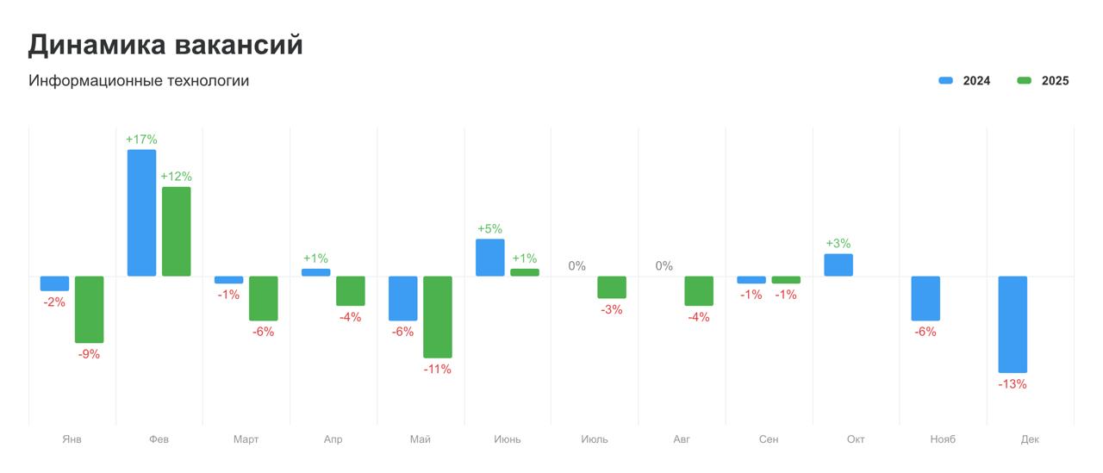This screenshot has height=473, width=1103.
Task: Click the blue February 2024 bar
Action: (142, 213)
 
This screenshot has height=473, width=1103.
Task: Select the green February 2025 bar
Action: (177, 231)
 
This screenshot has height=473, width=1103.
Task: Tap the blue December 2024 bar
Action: (1013, 324)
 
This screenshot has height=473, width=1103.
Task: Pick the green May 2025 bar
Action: (438, 316)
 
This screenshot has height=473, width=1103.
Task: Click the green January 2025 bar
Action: (90, 309)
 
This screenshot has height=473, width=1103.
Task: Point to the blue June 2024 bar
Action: (490, 258)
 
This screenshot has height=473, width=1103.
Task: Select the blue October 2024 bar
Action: (838, 265)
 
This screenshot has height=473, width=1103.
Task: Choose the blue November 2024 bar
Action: (925, 298)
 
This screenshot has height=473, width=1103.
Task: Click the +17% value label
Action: (141, 140)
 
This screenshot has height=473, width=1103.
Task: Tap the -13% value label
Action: (1013, 384)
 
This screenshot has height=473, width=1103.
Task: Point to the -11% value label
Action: (438, 370)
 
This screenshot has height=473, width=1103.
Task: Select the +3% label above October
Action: (838, 244)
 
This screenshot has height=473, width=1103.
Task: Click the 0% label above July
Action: (577, 266)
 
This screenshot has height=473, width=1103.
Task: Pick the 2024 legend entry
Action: (965, 81)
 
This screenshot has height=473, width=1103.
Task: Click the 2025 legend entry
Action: (1044, 81)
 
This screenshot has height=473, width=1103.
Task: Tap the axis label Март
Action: (246, 439)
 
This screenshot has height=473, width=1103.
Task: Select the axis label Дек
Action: (1030, 439)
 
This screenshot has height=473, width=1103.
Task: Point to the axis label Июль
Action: (595, 439)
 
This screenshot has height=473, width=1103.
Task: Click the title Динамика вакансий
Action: (165, 45)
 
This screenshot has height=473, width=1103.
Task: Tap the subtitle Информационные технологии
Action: (139, 81)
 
